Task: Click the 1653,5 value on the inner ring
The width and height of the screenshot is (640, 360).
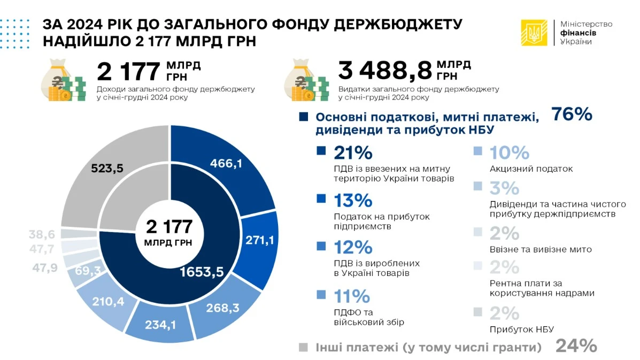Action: pyautogui.click(x=202, y=271)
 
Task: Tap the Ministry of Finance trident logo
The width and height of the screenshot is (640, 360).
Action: pyautogui.click(x=534, y=33)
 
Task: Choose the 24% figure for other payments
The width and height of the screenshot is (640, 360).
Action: pyautogui.click(x=576, y=346)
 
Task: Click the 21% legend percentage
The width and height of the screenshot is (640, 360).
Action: pyautogui.click(x=352, y=153)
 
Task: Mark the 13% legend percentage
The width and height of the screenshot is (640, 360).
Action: pyautogui.click(x=352, y=200)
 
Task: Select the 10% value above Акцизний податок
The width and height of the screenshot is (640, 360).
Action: pyautogui.click(x=509, y=153)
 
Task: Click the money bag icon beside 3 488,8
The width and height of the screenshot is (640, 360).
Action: pyautogui.click(x=307, y=80)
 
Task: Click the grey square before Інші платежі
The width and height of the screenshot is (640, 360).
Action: pyautogui.click(x=303, y=347)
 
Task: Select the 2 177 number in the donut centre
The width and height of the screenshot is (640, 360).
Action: pyautogui.click(x=169, y=227)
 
